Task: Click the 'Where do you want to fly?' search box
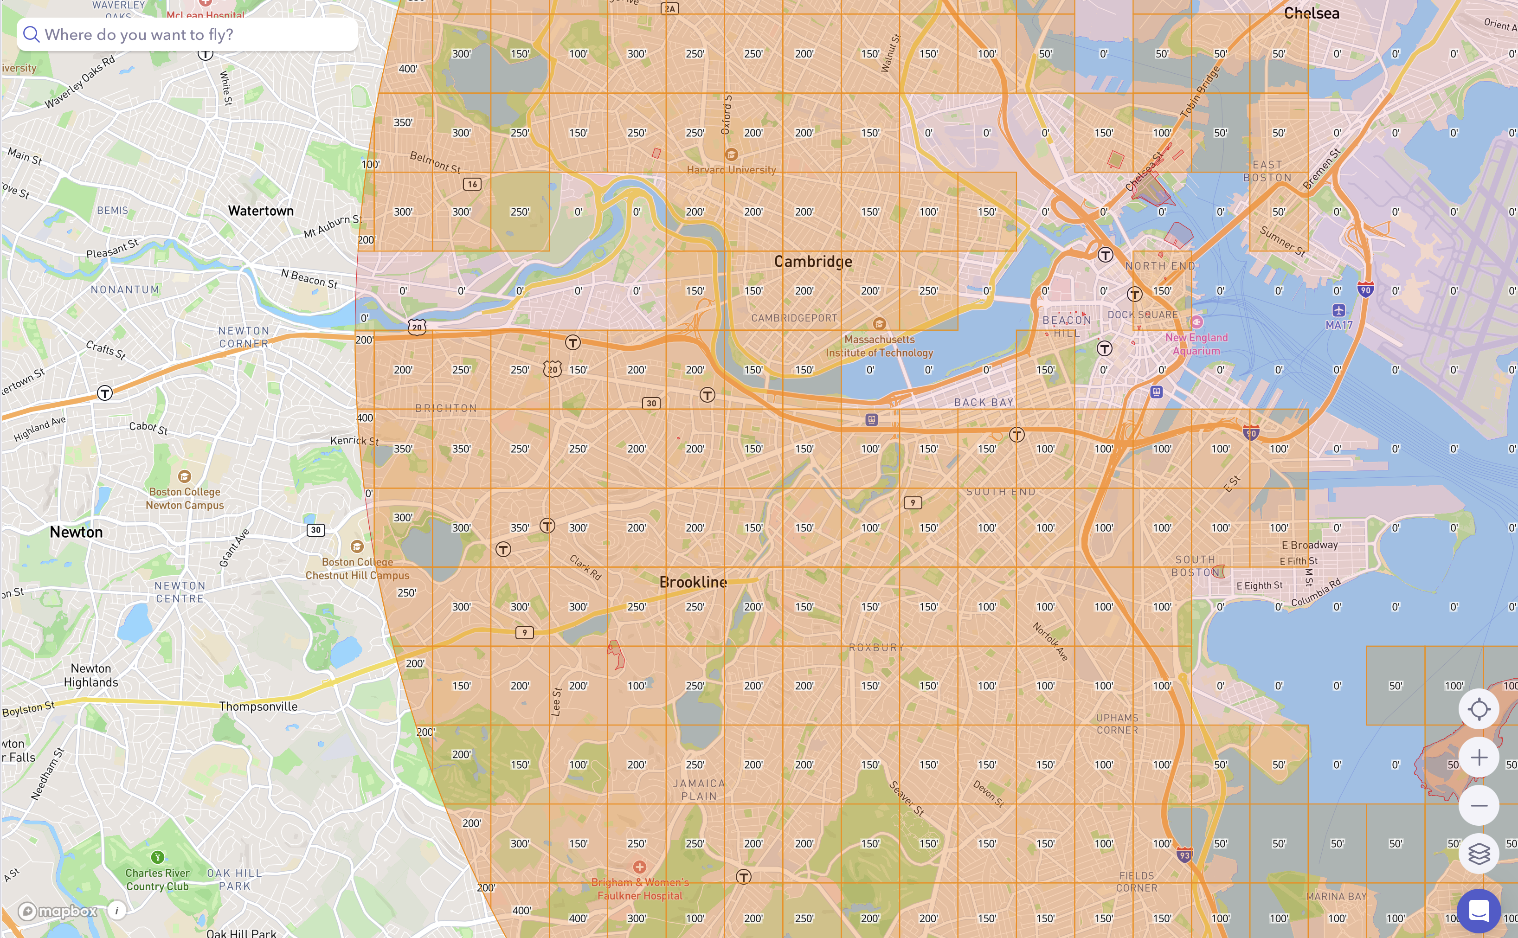click(x=186, y=34)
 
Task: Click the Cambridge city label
click(x=813, y=261)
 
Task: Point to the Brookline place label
click(x=693, y=582)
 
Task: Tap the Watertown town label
click(x=261, y=211)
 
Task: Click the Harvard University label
click(x=731, y=169)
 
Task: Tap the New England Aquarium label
click(x=1196, y=344)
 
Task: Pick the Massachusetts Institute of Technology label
click(x=879, y=346)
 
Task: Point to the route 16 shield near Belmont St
click(x=472, y=184)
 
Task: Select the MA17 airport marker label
click(x=1339, y=324)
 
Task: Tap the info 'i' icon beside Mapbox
click(x=116, y=910)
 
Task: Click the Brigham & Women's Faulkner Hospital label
click(x=640, y=888)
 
